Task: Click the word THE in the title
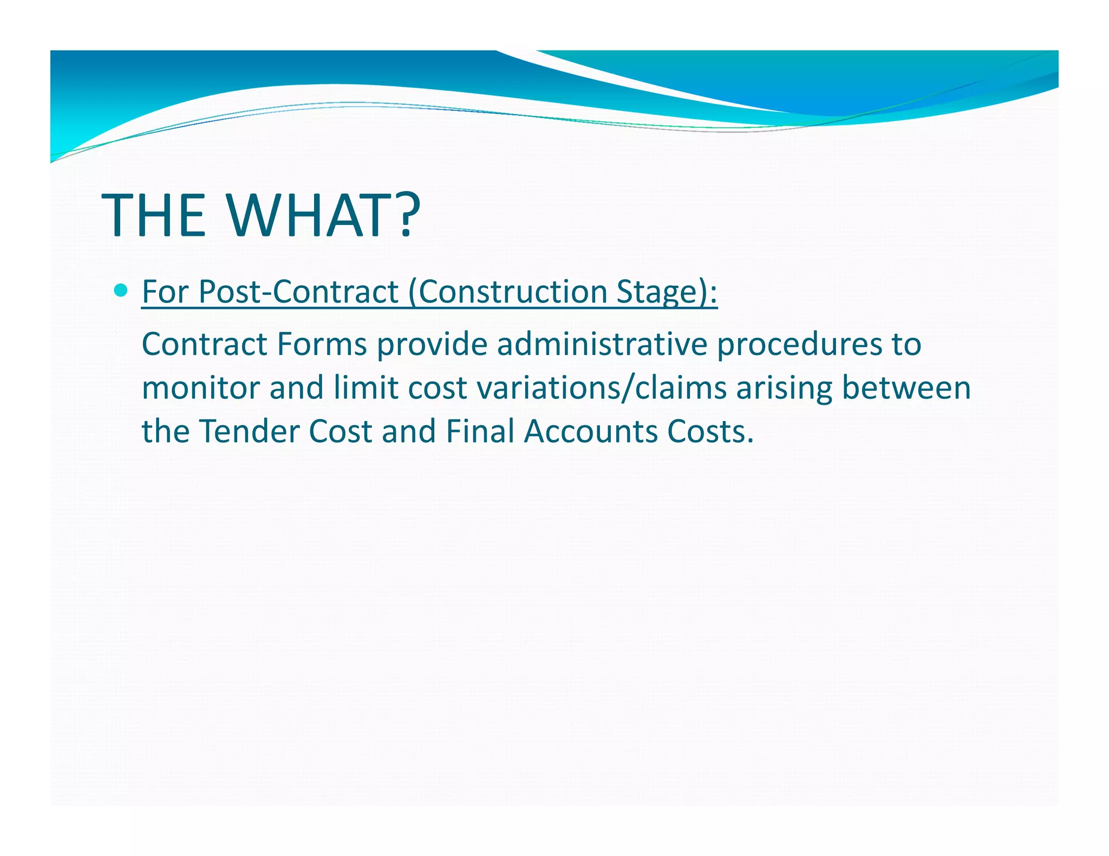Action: coord(154,215)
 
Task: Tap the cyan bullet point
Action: coord(121,291)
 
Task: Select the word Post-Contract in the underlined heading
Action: coord(298,292)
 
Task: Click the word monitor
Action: coord(200,388)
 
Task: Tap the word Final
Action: coord(480,431)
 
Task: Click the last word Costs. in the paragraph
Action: coord(710,431)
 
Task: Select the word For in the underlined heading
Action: coord(165,292)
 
